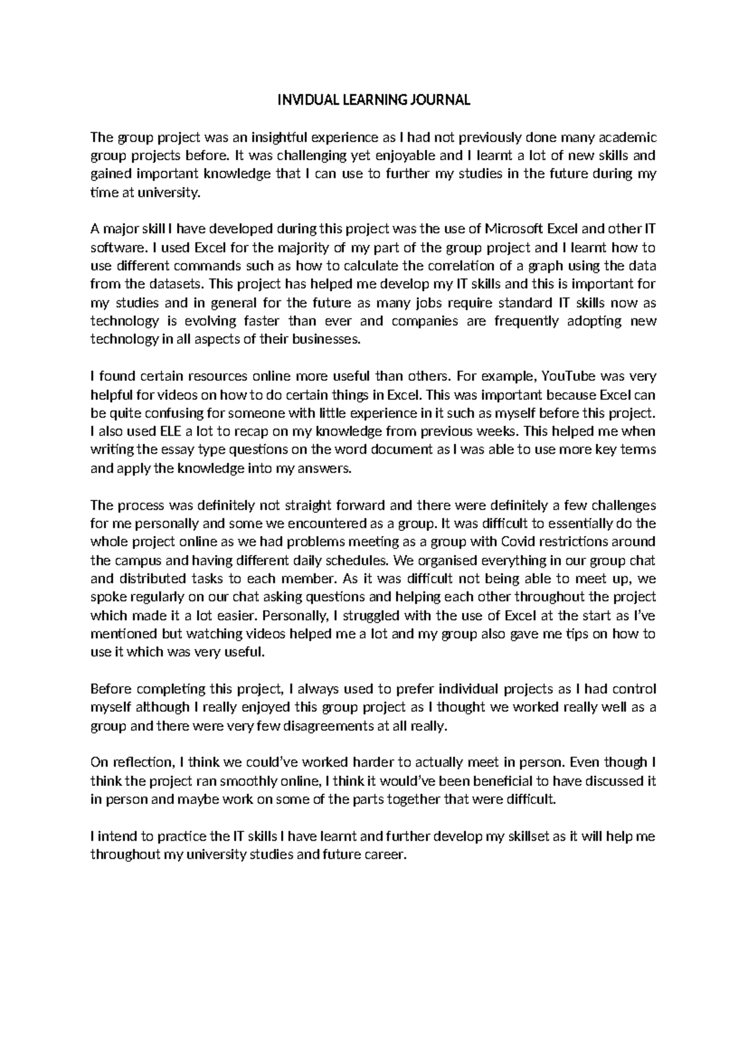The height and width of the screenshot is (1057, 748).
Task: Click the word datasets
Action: pyautogui.click(x=175, y=285)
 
